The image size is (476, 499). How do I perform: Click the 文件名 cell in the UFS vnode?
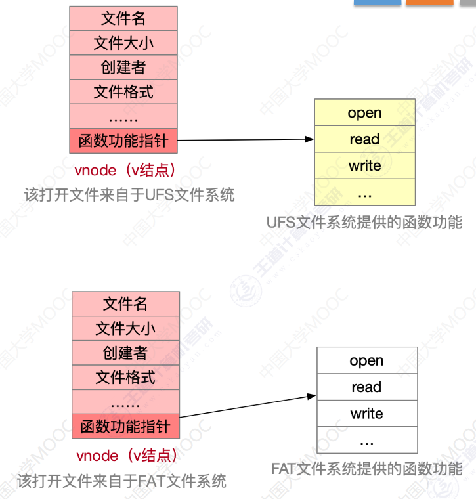tap(123, 18)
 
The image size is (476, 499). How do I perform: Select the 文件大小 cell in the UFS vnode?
tap(123, 43)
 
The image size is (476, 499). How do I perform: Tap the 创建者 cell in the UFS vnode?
tap(123, 67)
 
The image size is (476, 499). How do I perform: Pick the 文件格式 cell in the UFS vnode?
tap(123, 91)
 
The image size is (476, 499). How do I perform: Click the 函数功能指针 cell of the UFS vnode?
tap(123, 141)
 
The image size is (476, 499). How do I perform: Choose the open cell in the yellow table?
tap(364, 112)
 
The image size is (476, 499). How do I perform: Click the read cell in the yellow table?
tap(364, 139)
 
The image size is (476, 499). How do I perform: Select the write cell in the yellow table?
tap(364, 165)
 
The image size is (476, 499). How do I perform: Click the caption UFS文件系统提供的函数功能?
tap(364, 222)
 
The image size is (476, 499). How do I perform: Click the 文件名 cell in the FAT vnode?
tap(125, 303)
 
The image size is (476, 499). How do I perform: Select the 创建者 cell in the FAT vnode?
tap(125, 353)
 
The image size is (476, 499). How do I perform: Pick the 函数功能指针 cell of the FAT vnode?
tap(125, 427)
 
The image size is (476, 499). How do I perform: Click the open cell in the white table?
tap(366, 360)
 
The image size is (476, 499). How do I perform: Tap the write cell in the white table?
tap(366, 414)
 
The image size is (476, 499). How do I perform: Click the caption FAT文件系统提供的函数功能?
tap(366, 469)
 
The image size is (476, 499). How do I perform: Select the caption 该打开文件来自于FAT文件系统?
tap(122, 481)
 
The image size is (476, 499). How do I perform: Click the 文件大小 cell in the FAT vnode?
tap(125, 328)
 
